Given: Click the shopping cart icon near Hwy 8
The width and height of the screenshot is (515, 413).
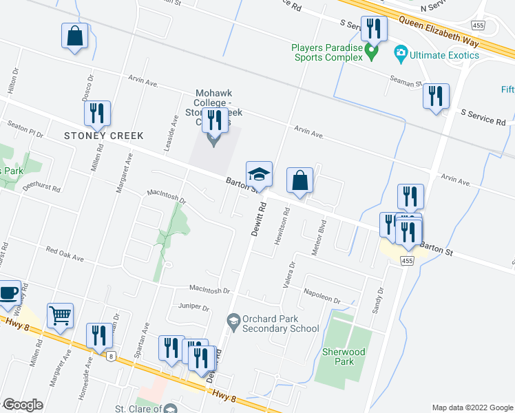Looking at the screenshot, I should [x=61, y=315].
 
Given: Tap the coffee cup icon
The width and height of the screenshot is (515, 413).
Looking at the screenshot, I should [x=9, y=292].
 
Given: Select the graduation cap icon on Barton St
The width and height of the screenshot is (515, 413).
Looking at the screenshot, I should [x=260, y=173].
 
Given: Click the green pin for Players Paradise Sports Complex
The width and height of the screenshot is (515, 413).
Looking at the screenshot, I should [x=372, y=51].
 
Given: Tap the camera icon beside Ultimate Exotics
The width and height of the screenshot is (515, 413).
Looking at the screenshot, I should [x=400, y=52].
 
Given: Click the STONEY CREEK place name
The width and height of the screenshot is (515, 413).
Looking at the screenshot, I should [x=104, y=136].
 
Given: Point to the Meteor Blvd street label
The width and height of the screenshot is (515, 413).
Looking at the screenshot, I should [x=317, y=238].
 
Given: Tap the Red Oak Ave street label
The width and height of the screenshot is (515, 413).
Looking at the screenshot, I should [x=65, y=254].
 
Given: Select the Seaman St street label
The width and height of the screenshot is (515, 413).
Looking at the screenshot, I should [x=406, y=82].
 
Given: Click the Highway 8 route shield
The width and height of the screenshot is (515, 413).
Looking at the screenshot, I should [x=111, y=356].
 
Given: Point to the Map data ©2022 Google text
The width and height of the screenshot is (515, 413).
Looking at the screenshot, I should [x=472, y=407].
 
